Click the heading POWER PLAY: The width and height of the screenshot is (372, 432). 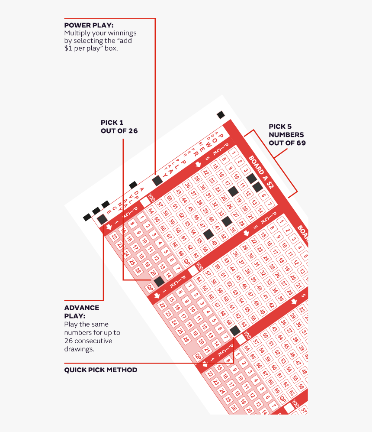pyautogui.click(x=89, y=25)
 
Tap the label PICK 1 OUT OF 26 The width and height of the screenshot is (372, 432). pyautogui.click(x=119, y=127)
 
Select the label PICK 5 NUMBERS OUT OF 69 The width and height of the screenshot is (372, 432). pyautogui.click(x=286, y=134)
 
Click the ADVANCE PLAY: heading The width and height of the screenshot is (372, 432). pyautogui.click(x=82, y=312)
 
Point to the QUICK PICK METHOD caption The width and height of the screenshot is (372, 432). pyautogui.click(x=101, y=370)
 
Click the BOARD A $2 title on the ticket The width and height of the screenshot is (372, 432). pyautogui.click(x=261, y=173)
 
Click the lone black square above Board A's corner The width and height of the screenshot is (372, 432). pyautogui.click(x=221, y=115)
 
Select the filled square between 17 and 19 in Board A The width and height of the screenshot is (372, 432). pyautogui.click(x=233, y=191)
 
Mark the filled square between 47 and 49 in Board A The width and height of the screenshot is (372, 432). pyautogui.click(x=208, y=234)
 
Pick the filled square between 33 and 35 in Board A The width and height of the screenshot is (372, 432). pyautogui.click(x=227, y=221)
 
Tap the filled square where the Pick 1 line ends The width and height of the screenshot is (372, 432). pyautogui.click(x=159, y=281)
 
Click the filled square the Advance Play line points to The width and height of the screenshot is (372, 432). pyautogui.click(x=102, y=219)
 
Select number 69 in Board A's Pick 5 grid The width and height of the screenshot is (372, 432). pyautogui.click(x=181, y=253)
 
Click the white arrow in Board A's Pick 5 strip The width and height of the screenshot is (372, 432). pyautogui.click(x=198, y=164)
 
